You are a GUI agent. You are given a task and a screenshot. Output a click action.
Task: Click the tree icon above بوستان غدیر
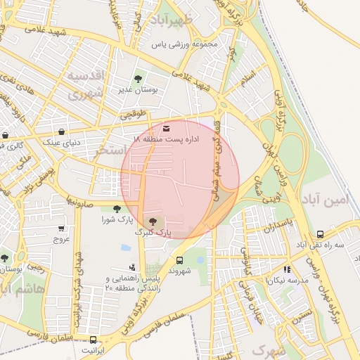(x=138, y=79)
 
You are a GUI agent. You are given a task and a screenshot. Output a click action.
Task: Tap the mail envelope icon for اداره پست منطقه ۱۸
(x=166, y=128)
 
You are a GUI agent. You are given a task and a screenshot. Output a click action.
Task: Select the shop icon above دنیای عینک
(x=63, y=131)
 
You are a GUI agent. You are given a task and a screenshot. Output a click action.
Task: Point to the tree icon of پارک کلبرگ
(x=153, y=221)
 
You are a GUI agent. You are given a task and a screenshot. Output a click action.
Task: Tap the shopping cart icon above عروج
(x=62, y=229)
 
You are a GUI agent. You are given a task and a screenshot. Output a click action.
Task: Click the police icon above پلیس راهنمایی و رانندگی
(x=131, y=267)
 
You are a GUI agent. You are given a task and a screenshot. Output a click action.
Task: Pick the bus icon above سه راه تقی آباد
(x=320, y=234)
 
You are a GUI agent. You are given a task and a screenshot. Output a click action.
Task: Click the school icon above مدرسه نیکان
(x=286, y=269)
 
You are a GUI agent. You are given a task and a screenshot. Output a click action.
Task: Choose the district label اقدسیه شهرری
(x=86, y=83)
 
